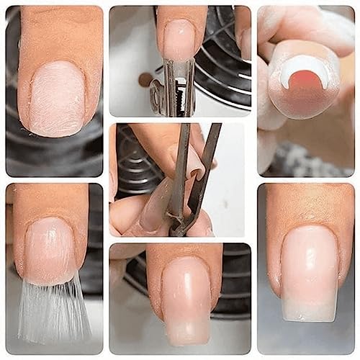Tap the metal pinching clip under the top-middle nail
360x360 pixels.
(178, 89)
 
